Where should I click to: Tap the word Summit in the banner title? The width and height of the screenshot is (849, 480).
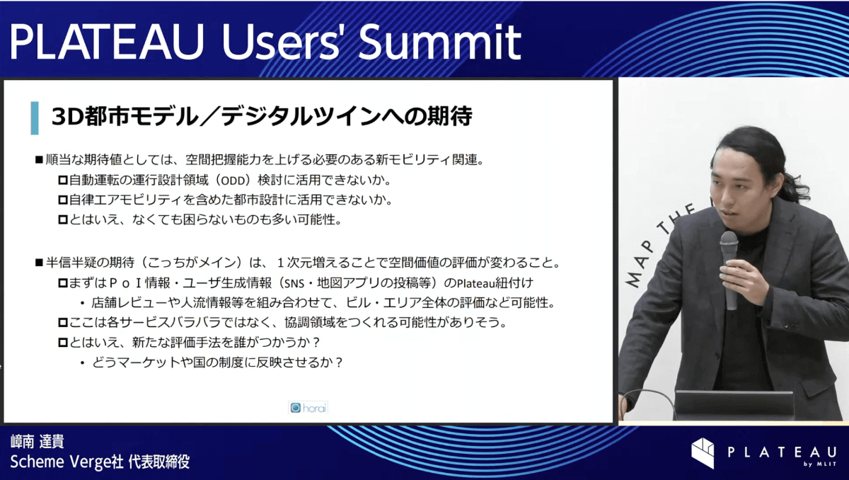pos(440,42)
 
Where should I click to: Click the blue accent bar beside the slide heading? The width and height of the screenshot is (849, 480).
pos(35,118)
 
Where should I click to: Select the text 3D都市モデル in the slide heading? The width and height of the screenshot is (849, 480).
pos(125,116)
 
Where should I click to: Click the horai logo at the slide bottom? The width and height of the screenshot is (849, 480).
pos(308,408)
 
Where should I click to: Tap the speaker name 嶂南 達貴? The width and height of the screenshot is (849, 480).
pos(37,442)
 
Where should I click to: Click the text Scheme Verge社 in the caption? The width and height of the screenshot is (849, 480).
pos(67,462)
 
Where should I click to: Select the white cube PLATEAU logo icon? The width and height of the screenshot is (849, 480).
pos(703,452)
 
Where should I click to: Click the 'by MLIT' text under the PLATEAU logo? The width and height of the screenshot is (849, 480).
pos(820,464)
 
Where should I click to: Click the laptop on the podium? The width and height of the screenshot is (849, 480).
pos(734,405)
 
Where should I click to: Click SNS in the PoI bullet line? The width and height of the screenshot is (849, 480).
pos(294,283)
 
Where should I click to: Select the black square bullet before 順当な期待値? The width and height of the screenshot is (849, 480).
pos(39,159)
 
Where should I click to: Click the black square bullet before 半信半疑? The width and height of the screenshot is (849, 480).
pos(39,263)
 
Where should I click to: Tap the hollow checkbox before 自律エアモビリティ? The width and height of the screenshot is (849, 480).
pos(63,200)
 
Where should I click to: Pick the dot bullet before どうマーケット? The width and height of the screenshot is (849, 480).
pos(83,363)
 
